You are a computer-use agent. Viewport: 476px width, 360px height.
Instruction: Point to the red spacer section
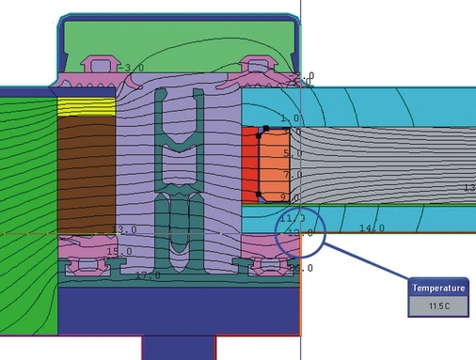click(248, 164)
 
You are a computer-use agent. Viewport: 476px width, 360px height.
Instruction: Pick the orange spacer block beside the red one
click(276, 164)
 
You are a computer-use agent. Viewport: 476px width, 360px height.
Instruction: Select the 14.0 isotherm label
click(372, 228)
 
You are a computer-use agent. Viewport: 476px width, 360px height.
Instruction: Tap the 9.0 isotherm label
click(291, 197)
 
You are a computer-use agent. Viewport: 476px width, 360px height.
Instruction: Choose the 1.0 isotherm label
click(290, 118)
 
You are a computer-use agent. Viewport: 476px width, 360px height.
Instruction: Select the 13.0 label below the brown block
click(124, 229)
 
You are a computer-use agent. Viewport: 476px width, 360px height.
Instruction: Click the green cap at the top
click(179, 38)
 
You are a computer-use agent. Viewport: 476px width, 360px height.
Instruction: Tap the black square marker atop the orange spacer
click(266, 128)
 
